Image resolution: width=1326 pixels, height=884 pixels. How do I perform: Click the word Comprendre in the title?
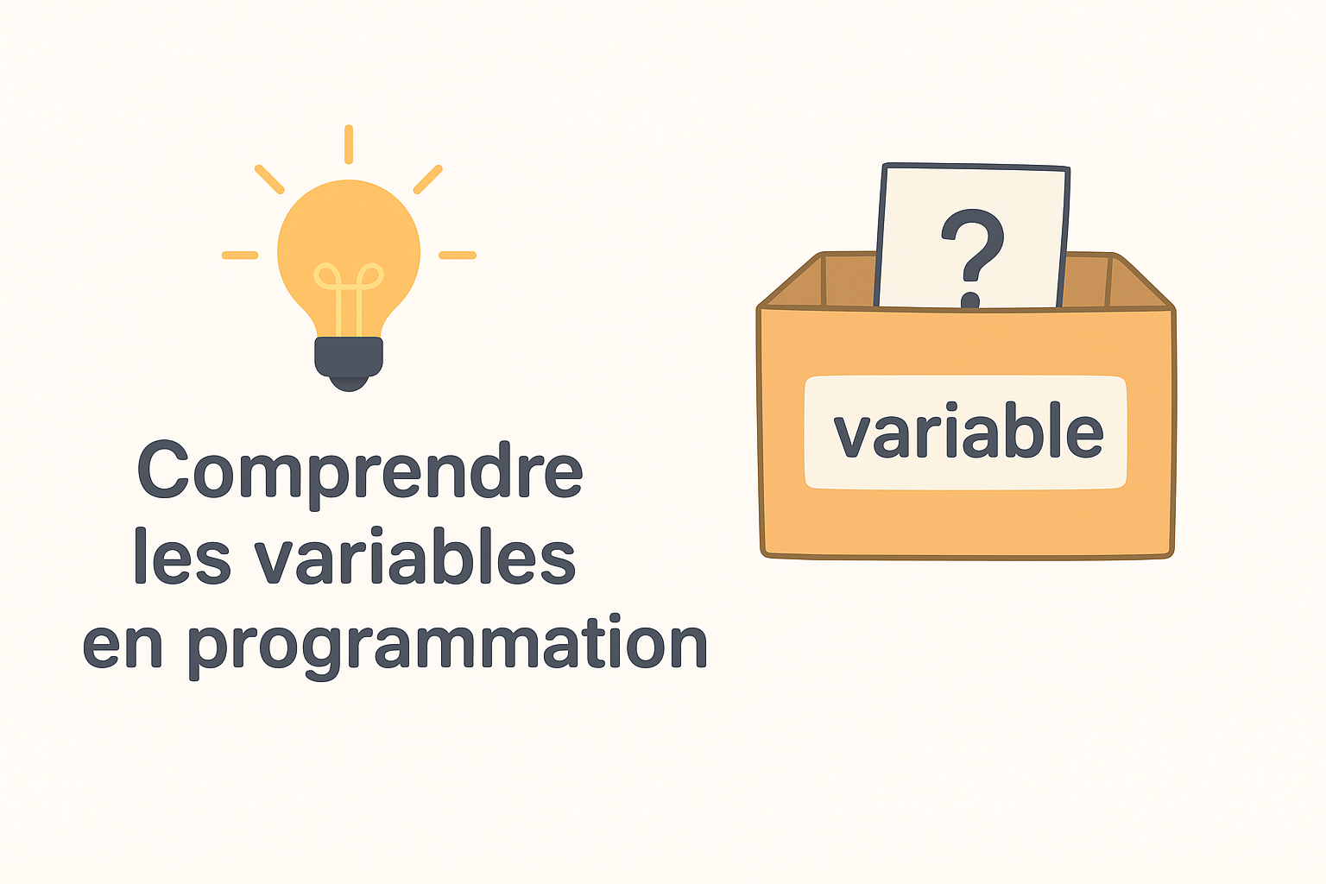360,471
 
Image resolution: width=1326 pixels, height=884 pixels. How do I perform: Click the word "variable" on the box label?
968,432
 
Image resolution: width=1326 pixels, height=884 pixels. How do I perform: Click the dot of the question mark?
970,300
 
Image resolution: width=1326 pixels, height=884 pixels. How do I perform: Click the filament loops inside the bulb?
348,278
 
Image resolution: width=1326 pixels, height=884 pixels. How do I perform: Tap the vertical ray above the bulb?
349,144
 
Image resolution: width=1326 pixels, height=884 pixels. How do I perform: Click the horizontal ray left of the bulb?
240,256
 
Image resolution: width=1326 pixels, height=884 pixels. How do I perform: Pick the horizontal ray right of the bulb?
458,256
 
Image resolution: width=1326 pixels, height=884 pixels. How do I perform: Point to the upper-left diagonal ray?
269,180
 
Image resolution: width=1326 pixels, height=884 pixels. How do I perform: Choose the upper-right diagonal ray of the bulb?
428,180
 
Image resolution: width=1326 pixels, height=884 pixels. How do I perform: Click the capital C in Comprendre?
164,470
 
